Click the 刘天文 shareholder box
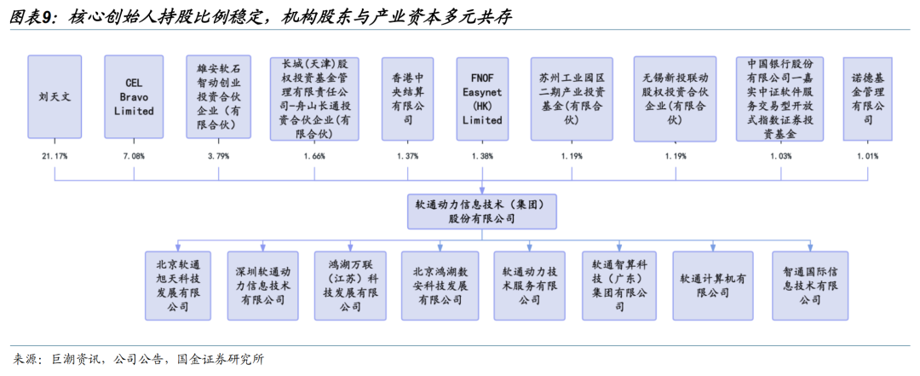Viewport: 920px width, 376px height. pos(55,97)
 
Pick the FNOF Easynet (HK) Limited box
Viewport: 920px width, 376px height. pos(482,97)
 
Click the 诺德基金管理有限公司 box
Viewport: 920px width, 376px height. pos(868,97)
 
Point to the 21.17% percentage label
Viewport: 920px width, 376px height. pos(55,156)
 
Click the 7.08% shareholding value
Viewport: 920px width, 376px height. pos(134,156)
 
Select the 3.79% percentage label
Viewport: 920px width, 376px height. pos(219,156)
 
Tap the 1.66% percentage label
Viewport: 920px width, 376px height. pos(313,156)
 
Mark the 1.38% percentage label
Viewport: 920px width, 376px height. pos(482,156)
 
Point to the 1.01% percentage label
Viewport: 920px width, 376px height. pos(867,156)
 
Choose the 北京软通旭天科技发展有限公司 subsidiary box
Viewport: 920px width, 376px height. pos(178,285)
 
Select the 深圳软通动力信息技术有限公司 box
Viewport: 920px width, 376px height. pos(263,285)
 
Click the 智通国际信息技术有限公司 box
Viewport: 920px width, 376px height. pos(810,285)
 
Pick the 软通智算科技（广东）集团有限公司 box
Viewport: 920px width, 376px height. pos(618,285)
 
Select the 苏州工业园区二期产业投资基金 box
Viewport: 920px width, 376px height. pos(571,97)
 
